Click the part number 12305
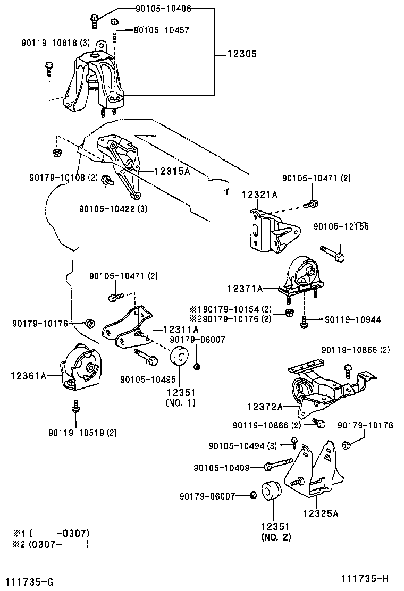[242, 54]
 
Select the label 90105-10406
[154, 9]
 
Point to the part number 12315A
[172, 172]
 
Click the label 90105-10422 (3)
[113, 209]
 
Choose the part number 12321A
[260, 195]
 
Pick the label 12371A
[245, 289]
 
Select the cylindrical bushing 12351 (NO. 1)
[181, 355]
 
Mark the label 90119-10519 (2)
[82, 433]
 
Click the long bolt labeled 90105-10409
[280, 465]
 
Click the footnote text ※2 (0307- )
[51, 544]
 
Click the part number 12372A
[264, 407]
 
